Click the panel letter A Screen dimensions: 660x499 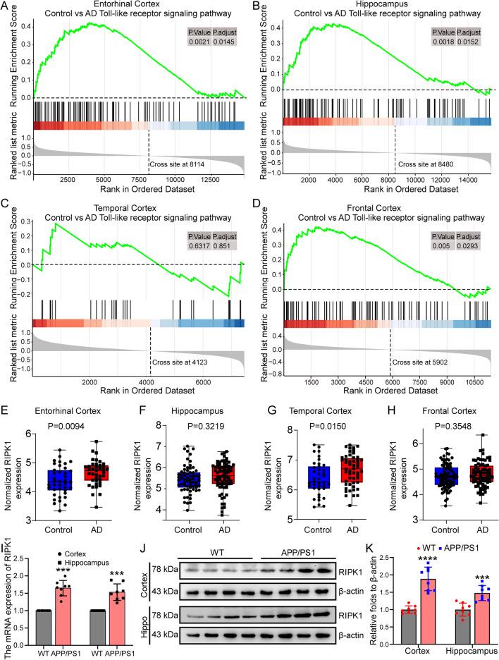tap(6, 6)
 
